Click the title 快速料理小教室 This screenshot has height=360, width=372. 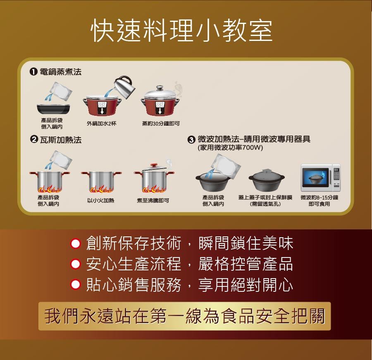click(182, 31)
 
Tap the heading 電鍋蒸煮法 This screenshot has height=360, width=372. click(60, 72)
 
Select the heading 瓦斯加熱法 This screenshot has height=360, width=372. click(61, 140)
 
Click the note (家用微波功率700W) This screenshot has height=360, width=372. click(230, 148)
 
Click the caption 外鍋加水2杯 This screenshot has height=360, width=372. click(102, 124)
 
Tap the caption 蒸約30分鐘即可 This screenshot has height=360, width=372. click(161, 124)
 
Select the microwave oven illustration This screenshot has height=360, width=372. click(320, 177)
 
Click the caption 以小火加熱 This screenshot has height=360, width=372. click(100, 200)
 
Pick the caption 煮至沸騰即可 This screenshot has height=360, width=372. click(153, 200)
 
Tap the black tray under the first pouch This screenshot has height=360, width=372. click(53, 109)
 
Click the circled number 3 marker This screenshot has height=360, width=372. click(191, 140)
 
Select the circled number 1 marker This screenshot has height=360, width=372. click(33, 72)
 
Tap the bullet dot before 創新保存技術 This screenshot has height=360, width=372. click(76, 244)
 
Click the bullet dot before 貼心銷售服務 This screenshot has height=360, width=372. click(76, 284)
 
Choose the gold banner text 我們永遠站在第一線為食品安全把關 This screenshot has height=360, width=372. click(185, 316)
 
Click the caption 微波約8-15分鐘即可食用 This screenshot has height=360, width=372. click(320, 200)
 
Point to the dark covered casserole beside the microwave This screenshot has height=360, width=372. click(267, 180)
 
